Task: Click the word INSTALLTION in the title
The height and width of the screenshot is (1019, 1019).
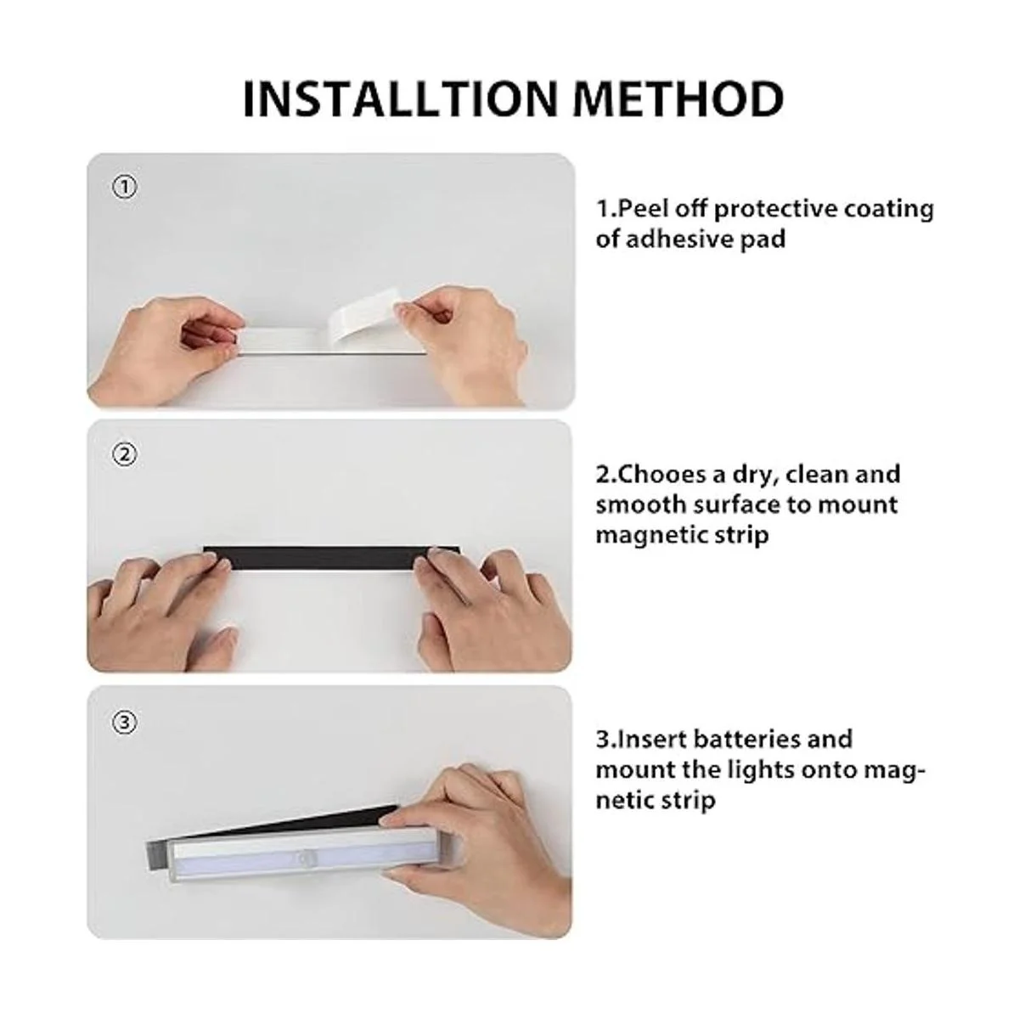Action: coord(400,99)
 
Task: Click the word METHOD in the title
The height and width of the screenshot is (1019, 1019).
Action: coord(678,99)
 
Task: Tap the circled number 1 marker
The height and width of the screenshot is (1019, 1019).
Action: coord(125,187)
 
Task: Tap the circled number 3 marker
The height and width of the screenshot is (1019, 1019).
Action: coord(125,722)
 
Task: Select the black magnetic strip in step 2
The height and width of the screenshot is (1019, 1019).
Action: coord(331,559)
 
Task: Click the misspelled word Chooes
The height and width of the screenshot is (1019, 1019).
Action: coord(661,475)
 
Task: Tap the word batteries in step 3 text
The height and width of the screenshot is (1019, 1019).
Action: coord(746,740)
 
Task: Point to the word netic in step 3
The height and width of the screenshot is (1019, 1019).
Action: coord(627,801)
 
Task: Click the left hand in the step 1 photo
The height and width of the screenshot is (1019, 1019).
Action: coord(163,349)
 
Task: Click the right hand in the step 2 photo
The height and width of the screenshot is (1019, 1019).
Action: coord(493,608)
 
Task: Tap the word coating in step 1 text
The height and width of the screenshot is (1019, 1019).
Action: coord(888,211)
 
